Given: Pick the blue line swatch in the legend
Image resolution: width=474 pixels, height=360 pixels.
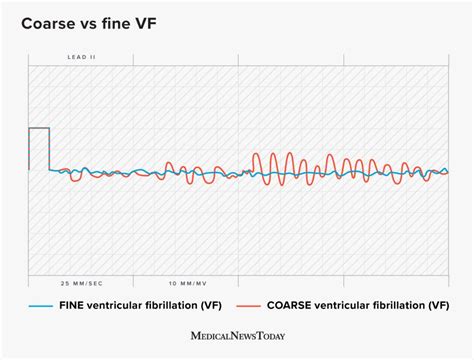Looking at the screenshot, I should click(41, 305).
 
